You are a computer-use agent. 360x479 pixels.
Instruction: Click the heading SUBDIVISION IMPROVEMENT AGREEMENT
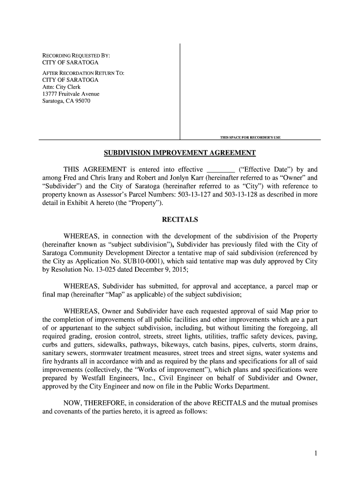pos(180,153)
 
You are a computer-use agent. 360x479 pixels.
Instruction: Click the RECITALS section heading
pos(180,219)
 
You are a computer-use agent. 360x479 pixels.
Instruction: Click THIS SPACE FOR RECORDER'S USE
pos(250,137)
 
